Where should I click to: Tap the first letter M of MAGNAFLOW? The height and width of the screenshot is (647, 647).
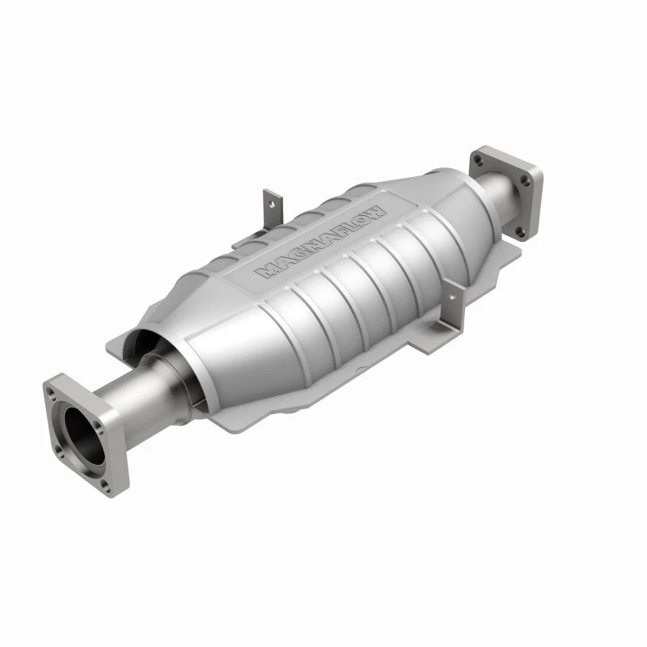point(266,272)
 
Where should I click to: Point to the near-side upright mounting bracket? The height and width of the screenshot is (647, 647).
point(454,307)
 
